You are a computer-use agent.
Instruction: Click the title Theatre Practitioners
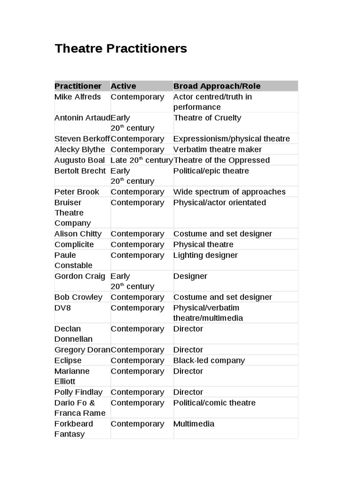click(120, 49)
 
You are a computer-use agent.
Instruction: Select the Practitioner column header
click(78, 86)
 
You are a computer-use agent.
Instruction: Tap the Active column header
click(123, 86)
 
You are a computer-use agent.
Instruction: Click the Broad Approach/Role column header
click(217, 86)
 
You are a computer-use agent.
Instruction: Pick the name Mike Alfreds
click(77, 97)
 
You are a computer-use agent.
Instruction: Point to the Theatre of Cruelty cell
click(207, 118)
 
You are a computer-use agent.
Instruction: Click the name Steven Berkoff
click(82, 139)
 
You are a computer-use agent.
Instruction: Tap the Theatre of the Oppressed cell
click(222, 160)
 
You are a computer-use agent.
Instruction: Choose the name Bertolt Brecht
click(80, 171)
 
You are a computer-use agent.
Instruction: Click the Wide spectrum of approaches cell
click(229, 192)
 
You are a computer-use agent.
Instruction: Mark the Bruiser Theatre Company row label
click(73, 213)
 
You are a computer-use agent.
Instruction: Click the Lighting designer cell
click(205, 255)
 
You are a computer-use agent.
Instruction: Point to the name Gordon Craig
click(80, 276)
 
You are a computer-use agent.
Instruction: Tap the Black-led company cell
click(209, 360)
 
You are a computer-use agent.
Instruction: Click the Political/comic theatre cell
click(214, 403)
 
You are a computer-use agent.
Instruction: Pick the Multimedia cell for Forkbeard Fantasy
click(194, 424)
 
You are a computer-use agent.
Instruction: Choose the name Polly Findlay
click(78, 392)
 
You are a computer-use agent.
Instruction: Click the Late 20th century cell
click(142, 160)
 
